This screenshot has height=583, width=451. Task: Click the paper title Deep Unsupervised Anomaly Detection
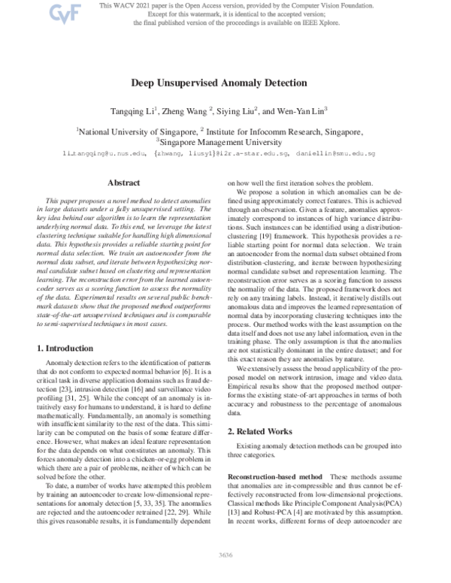(225, 86)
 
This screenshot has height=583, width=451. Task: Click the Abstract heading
(123, 183)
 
